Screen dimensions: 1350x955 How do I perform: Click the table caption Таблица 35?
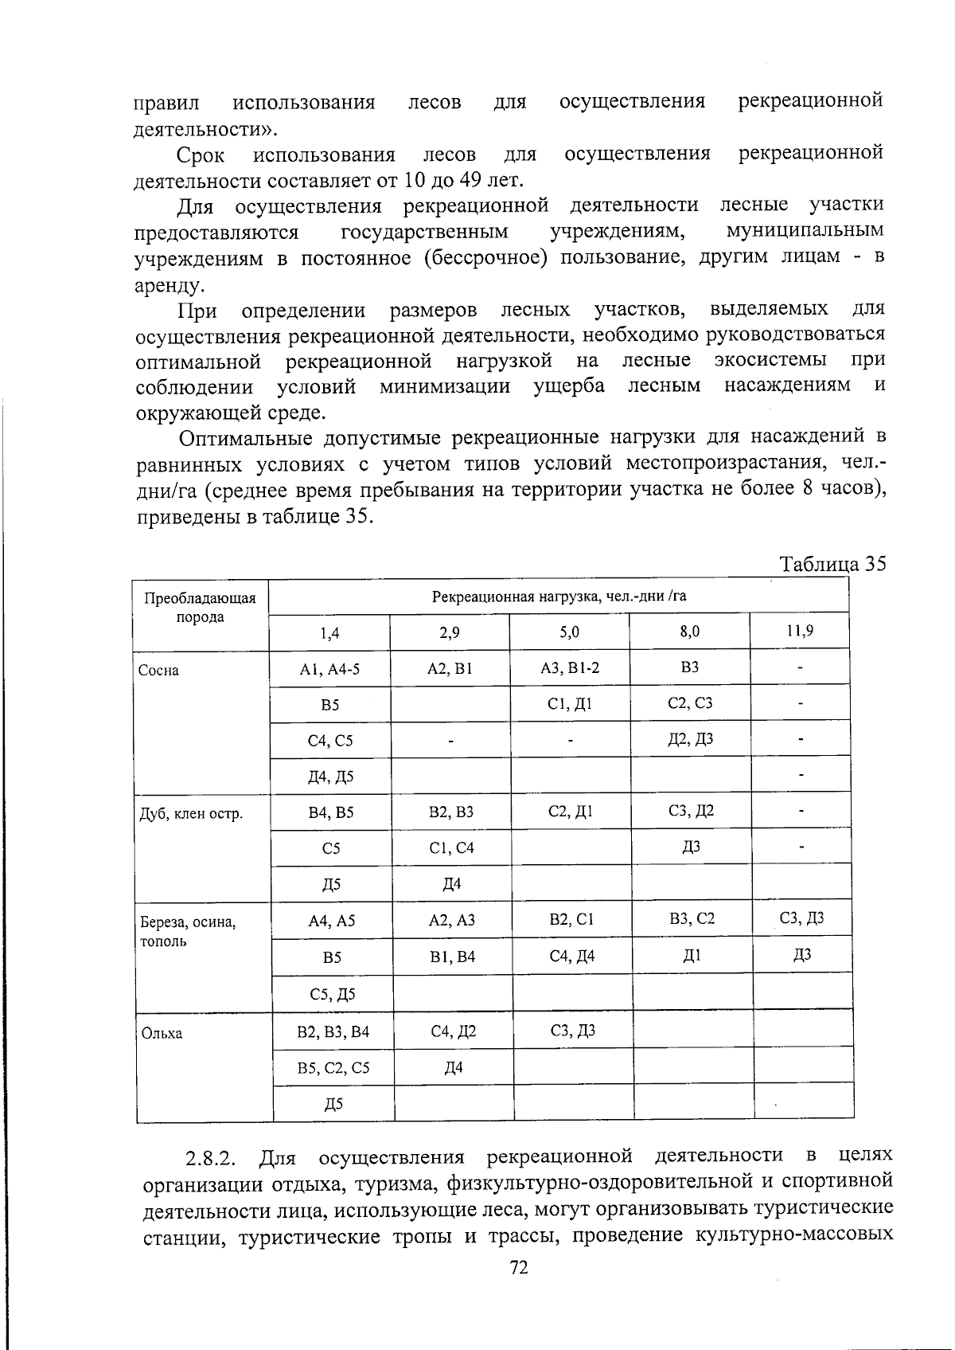832,564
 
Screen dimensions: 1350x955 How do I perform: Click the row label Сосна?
158,670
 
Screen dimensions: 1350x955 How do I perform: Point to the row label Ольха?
162,1034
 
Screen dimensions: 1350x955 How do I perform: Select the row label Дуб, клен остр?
191,814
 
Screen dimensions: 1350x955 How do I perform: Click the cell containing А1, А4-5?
329,669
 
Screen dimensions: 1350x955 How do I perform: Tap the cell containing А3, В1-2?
570,667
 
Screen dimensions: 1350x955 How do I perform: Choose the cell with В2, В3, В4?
333,1032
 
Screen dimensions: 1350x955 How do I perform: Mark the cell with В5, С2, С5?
333,1068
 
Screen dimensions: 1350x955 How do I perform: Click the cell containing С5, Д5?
333,994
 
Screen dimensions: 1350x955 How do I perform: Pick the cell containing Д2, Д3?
690,739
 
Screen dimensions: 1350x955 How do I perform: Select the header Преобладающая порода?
201,608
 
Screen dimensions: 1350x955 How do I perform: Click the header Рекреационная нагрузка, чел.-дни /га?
559,597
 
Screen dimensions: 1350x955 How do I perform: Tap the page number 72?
518,1268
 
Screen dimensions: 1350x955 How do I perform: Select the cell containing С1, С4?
451,848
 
